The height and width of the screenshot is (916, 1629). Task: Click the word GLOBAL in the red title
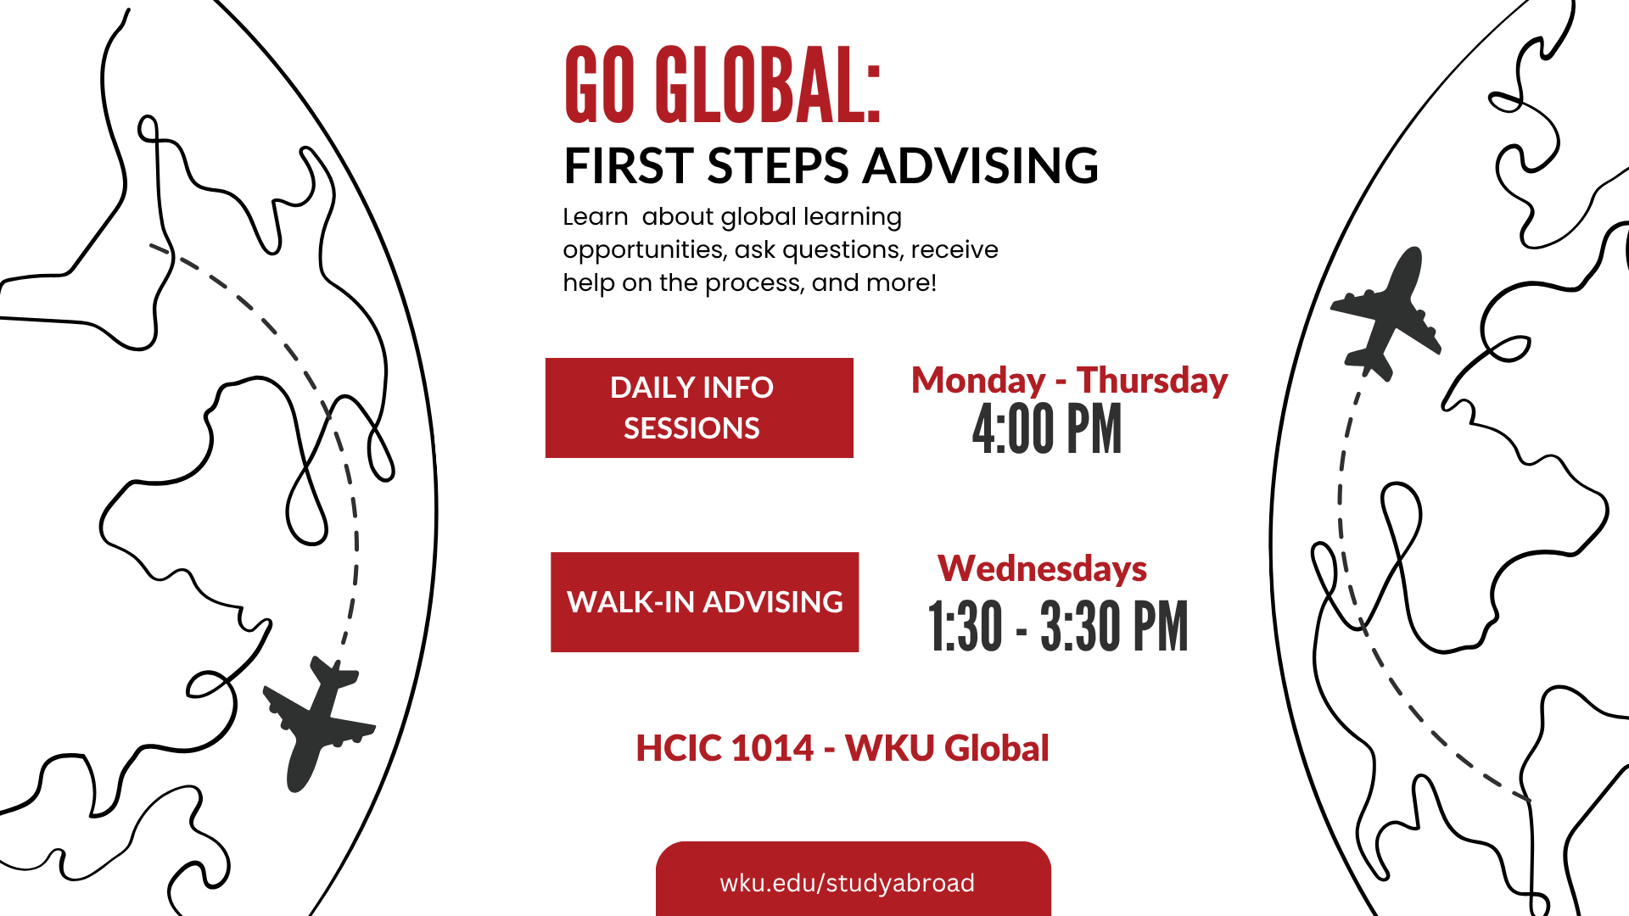click(x=768, y=85)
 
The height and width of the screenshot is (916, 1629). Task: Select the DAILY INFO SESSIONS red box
click(x=699, y=408)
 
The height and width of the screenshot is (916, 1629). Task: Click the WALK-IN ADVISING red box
click(x=704, y=602)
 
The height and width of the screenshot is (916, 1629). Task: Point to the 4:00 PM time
click(x=1047, y=429)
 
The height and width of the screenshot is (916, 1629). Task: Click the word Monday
click(x=978, y=381)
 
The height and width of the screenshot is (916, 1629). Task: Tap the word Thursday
click(x=1152, y=381)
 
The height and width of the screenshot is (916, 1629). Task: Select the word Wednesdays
click(x=1042, y=568)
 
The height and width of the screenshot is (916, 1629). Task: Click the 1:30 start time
click(x=966, y=627)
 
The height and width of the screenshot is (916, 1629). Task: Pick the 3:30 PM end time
click(x=1114, y=627)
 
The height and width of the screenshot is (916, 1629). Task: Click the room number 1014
click(x=772, y=748)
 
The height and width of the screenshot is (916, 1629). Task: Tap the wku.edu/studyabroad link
click(x=847, y=883)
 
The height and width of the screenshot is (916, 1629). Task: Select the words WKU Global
click(x=948, y=748)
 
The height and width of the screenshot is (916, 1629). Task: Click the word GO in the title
click(x=600, y=85)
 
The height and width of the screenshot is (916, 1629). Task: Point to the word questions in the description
click(x=842, y=250)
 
